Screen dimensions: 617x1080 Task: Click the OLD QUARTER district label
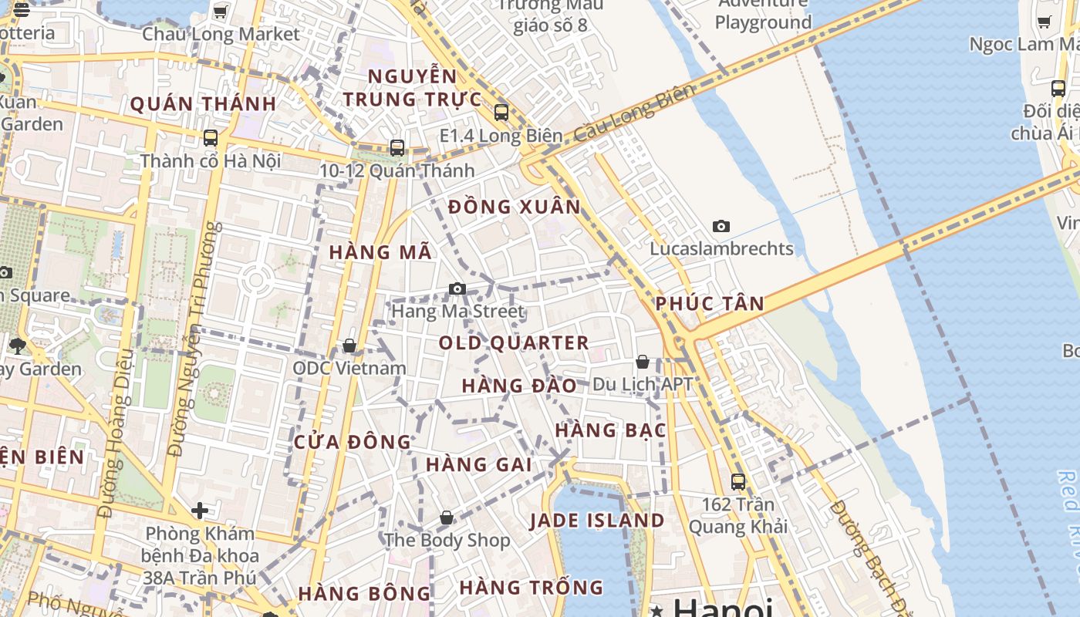pos(514,343)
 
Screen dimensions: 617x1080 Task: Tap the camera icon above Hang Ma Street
pos(457,289)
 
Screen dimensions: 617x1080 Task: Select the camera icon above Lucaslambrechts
pos(721,226)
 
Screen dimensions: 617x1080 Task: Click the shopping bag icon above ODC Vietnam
pos(349,346)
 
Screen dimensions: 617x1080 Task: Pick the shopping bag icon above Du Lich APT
pos(643,362)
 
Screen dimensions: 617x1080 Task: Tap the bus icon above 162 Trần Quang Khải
pos(738,481)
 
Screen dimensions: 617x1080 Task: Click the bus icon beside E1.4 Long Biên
pos(501,113)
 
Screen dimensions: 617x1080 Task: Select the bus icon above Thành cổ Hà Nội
pos(210,138)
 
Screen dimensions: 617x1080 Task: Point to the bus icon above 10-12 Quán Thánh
pos(397,147)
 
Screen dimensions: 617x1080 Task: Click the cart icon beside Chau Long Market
pos(220,12)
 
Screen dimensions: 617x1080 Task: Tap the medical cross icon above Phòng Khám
pos(200,511)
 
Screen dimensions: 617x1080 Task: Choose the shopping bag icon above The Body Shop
pos(447,518)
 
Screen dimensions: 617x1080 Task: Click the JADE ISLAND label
pos(597,521)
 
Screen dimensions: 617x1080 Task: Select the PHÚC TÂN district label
pos(710,304)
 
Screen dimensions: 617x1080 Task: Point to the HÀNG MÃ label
pos(380,252)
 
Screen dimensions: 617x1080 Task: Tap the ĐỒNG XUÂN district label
pos(514,207)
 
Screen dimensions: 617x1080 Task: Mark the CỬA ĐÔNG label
pos(353,442)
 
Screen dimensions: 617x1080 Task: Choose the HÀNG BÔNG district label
pos(364,594)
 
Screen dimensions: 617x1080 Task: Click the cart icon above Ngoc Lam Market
pos(1045,22)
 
